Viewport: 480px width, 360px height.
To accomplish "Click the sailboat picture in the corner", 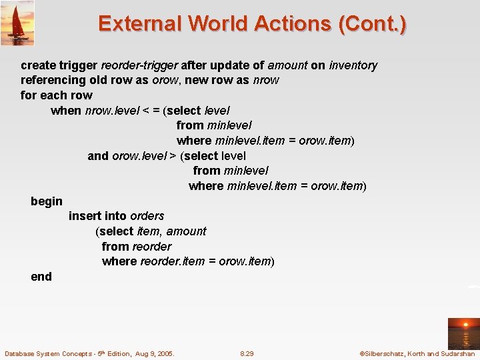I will [17, 23].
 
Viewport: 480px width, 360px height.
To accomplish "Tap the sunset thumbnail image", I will [463, 333].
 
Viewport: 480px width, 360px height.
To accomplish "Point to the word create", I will [38, 65].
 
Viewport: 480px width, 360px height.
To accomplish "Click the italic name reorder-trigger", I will [139, 65].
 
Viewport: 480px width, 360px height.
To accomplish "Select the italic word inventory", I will [353, 65].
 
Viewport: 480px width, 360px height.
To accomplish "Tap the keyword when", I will [66, 111].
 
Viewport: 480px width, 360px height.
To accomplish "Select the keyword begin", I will [47, 201].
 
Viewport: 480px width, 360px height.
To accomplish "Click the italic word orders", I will [147, 216].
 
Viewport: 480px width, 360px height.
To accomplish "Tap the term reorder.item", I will [173, 261].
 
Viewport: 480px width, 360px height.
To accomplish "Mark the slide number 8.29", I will [247, 353].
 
